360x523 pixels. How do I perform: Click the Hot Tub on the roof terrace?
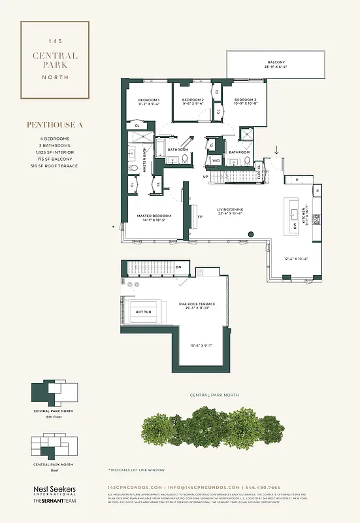(x=143, y=312)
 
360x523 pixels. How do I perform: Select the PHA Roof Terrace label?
(x=197, y=306)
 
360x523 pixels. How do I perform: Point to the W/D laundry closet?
(x=216, y=160)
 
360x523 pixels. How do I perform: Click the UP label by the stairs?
(x=206, y=177)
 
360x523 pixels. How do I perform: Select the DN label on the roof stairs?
(x=178, y=267)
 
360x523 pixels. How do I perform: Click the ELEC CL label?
(x=259, y=172)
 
